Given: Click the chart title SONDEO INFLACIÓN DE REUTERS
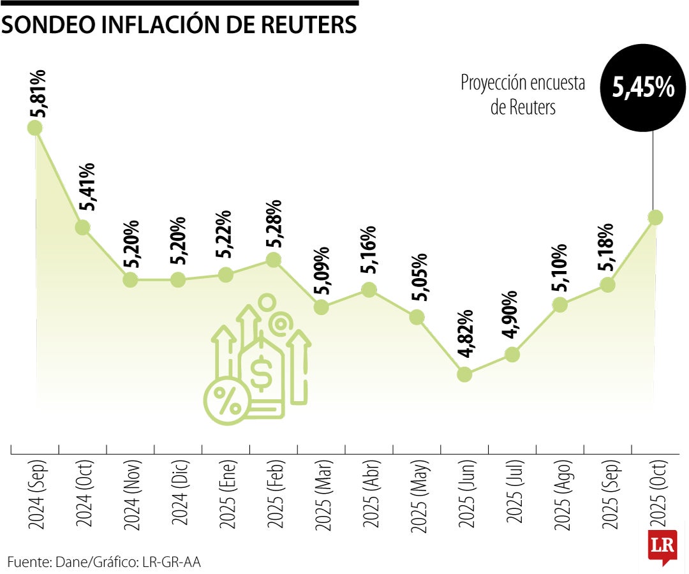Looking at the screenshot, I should click(x=179, y=24).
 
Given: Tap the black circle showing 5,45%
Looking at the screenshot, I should click(x=643, y=88).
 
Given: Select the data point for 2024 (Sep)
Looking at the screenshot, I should click(x=35, y=128).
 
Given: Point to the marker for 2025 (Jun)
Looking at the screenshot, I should click(x=465, y=374).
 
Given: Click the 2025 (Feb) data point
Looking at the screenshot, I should click(x=273, y=260).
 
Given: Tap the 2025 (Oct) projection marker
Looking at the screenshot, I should click(x=655, y=217).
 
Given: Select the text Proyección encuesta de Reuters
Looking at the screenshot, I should click(x=523, y=95).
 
